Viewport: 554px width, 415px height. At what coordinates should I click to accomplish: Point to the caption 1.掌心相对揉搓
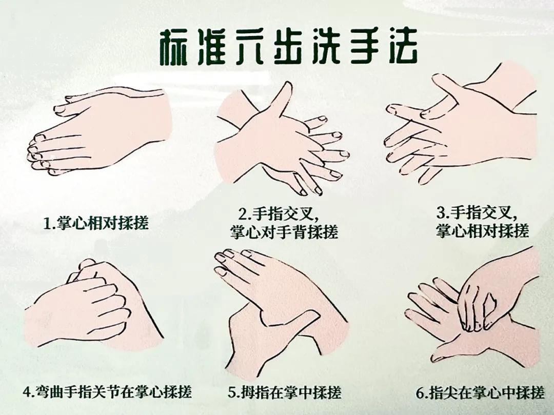coord(96,223)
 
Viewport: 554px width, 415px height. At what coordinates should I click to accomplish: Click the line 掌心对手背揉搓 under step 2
coord(284,232)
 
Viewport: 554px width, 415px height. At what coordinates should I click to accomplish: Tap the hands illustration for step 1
coord(100,131)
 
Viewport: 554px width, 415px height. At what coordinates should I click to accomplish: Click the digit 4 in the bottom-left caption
coord(28,392)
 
